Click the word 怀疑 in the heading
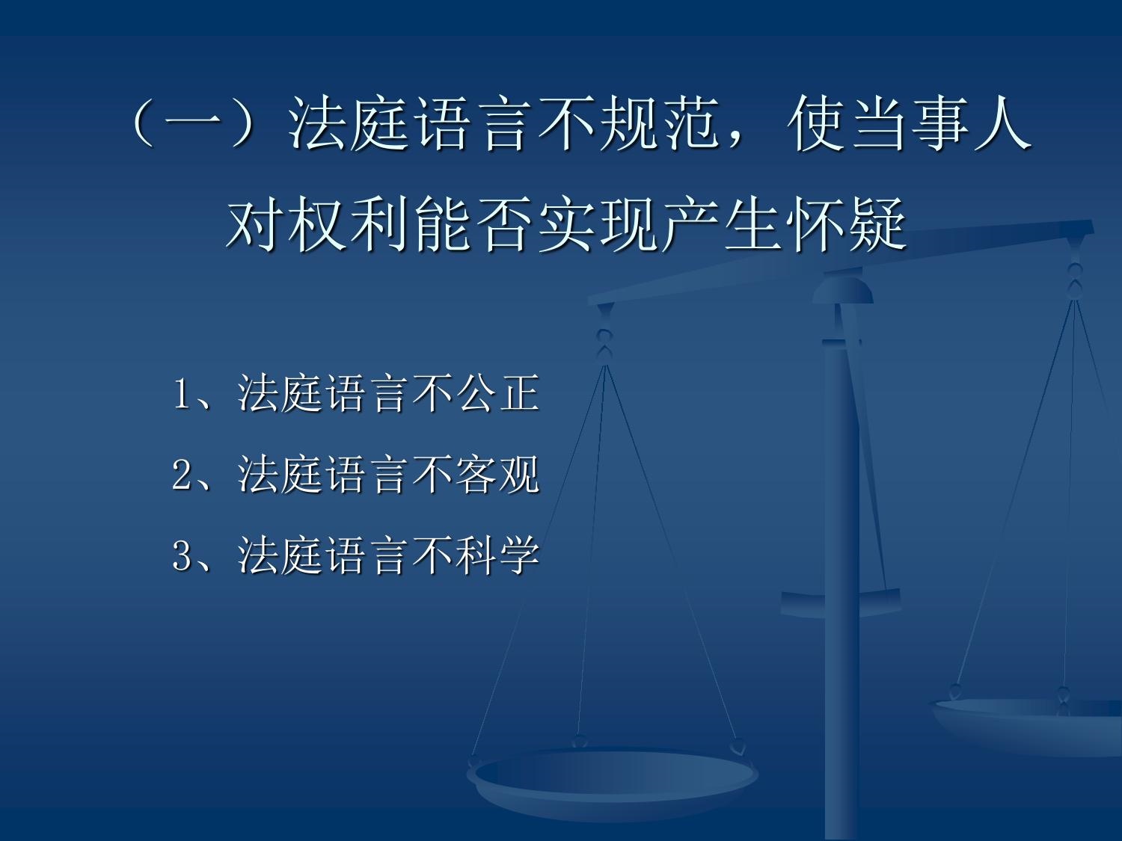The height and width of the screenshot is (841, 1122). [846, 224]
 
